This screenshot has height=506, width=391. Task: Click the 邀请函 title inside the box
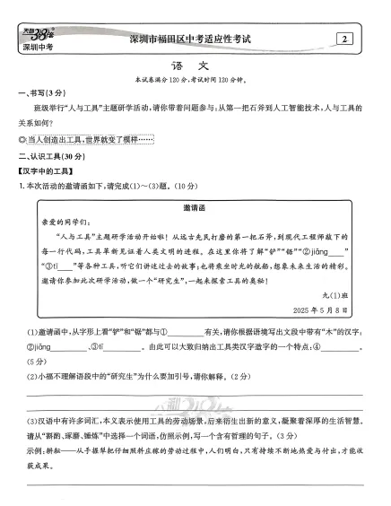pyautogui.click(x=195, y=205)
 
